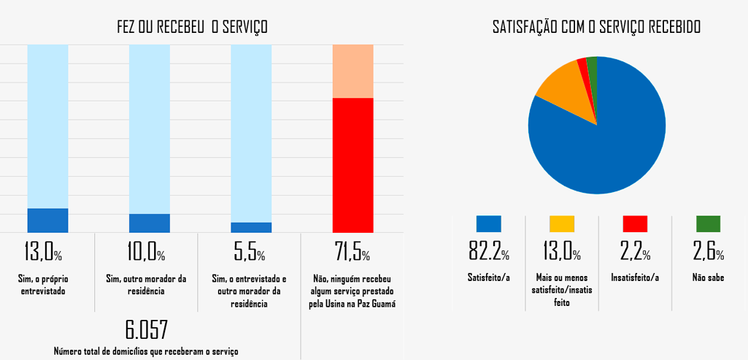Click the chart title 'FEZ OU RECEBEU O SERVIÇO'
click(x=192, y=28)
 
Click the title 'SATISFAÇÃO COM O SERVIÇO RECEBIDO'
click(x=596, y=28)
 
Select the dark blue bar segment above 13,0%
click(x=47, y=221)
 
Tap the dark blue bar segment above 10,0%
click(x=150, y=223)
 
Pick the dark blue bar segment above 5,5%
click(x=251, y=227)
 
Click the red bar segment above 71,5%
click(x=352, y=165)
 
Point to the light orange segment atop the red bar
click(x=352, y=71)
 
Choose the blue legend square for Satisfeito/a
click(x=488, y=224)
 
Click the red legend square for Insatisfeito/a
click(x=635, y=224)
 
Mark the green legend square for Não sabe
click(x=708, y=224)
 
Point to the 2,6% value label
click(x=708, y=252)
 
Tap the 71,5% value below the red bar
click(x=352, y=253)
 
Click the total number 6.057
click(x=146, y=329)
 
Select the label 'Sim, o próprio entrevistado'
click(x=47, y=285)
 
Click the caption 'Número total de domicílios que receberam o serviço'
click(x=146, y=351)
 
